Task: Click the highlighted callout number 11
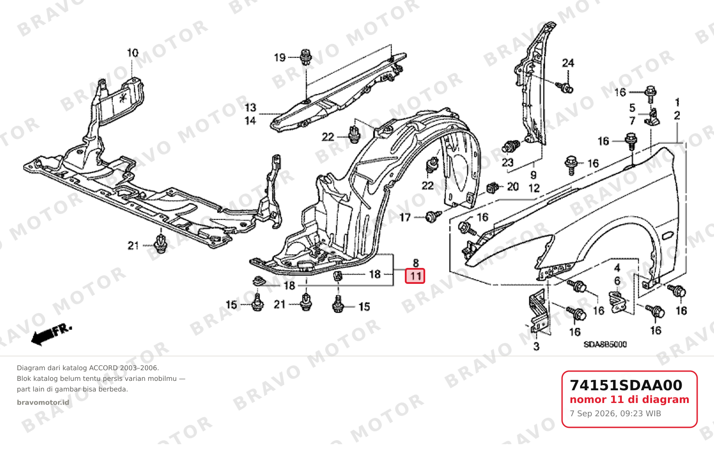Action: point(415,276)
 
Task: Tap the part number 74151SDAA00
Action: point(626,385)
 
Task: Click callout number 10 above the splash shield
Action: point(132,53)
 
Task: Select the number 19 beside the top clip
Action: point(279,58)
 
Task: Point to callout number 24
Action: point(568,63)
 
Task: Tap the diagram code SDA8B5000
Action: point(605,345)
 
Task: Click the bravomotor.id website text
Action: point(43,403)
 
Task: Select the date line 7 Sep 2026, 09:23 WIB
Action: point(615,414)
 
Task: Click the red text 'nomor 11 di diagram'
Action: point(629,399)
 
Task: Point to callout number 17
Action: point(405,217)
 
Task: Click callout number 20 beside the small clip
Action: point(512,187)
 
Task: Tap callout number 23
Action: point(508,163)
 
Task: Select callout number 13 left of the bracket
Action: point(250,108)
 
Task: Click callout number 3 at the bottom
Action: point(536,346)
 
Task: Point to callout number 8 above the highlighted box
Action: point(415,263)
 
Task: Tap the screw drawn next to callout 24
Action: point(564,87)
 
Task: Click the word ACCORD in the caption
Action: point(103,368)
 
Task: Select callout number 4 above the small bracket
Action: point(617,268)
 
